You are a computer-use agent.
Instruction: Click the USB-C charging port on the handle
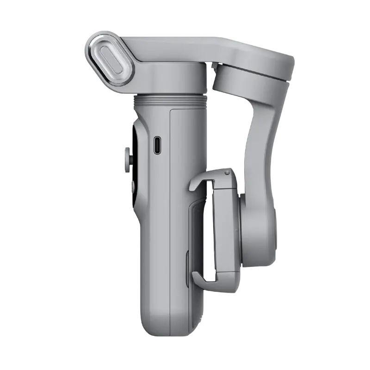[157, 145]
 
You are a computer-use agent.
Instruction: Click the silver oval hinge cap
[110, 59]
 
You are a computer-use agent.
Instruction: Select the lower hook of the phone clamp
[199, 278]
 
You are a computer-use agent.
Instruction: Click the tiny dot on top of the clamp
[227, 173]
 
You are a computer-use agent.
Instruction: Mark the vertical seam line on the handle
[170, 208]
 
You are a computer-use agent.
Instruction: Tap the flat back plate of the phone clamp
[227, 227]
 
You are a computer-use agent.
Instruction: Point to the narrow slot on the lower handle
[187, 268]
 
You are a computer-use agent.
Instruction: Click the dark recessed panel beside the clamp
[197, 231]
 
